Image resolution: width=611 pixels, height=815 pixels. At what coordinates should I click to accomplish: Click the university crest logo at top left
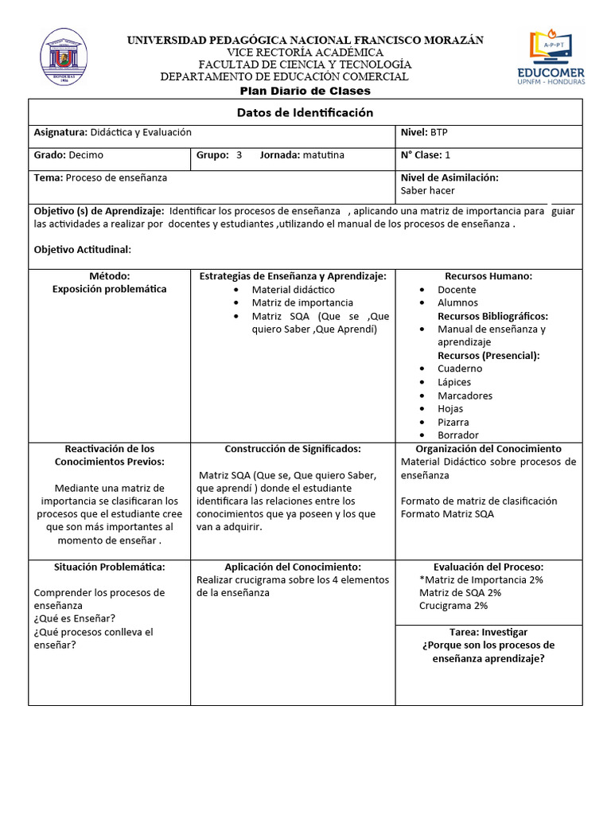click(64, 58)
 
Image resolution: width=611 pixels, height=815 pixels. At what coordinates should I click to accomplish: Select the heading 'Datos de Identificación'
click(305, 113)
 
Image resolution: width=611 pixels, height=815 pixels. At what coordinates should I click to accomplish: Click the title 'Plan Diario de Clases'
click(305, 92)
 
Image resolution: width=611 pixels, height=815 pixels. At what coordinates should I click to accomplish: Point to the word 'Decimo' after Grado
click(86, 155)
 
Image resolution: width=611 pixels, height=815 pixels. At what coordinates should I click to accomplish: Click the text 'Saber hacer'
click(428, 191)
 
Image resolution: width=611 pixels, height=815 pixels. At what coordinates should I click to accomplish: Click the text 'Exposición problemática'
click(110, 289)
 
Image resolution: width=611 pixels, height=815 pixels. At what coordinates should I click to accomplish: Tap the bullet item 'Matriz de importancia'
click(302, 302)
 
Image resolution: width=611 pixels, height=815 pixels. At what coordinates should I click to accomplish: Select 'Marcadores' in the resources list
click(465, 396)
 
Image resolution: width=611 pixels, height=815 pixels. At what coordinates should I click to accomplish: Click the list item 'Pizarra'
click(453, 422)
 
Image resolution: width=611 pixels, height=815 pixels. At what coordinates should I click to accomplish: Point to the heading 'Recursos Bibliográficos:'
click(492, 316)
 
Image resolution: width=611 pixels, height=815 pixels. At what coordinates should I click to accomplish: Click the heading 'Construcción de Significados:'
click(293, 449)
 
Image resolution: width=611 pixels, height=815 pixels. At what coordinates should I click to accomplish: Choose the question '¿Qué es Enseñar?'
click(75, 618)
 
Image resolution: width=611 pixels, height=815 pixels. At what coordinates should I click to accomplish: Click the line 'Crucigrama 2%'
click(453, 606)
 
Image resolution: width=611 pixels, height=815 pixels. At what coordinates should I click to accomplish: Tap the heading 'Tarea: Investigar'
click(488, 632)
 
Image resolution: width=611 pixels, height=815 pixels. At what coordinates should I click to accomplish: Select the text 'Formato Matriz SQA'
click(447, 514)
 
